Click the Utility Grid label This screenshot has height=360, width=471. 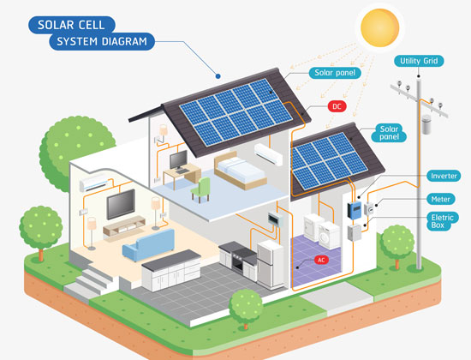(419, 61)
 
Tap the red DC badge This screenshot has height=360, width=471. (337, 106)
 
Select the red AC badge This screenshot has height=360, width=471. (321, 260)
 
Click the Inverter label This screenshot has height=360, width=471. (444, 176)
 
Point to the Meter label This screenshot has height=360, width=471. (441, 199)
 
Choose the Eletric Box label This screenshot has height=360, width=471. (442, 221)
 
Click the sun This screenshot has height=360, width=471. (379, 27)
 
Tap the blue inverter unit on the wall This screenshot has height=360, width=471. (355, 210)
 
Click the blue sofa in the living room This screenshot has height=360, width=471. (149, 244)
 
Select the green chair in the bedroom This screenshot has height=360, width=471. (200, 189)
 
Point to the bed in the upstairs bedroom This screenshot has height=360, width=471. (241, 171)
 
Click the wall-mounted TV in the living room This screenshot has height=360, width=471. (121, 204)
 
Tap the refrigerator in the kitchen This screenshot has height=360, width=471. (271, 264)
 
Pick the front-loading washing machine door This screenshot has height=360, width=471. (324, 237)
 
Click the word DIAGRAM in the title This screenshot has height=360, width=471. (124, 41)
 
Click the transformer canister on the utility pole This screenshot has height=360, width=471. (426, 124)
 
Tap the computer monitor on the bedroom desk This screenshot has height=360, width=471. (178, 159)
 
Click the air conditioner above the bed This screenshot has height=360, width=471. (268, 154)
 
